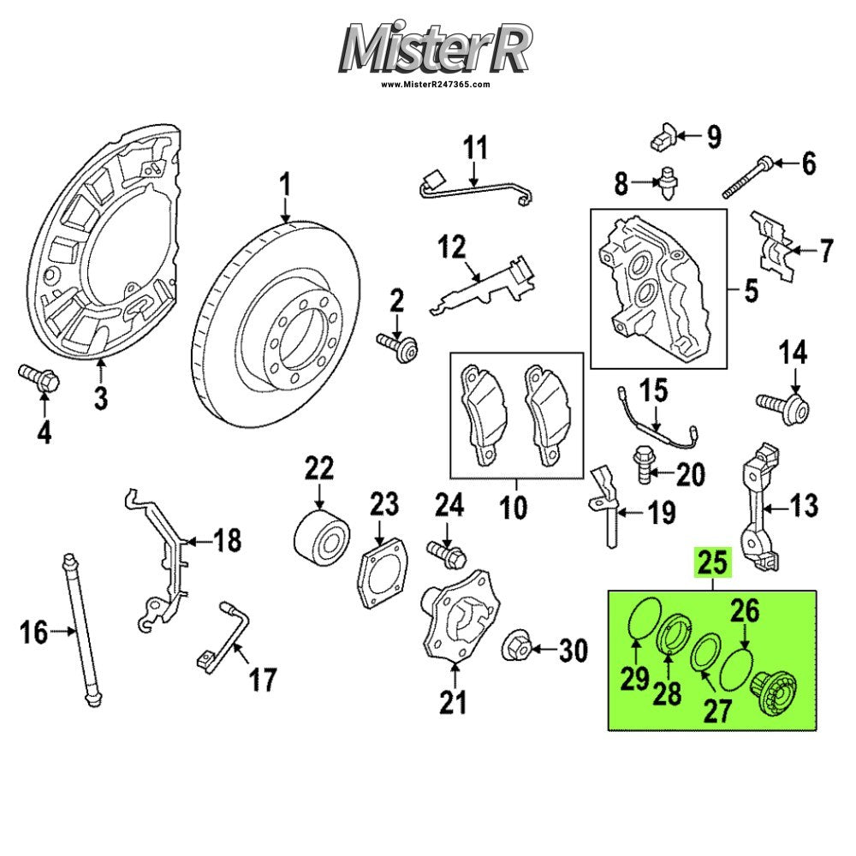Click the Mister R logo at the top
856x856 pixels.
point(435,48)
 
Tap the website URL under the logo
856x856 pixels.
point(435,84)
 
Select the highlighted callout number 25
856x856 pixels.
point(712,562)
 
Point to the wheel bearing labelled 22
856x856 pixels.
point(322,532)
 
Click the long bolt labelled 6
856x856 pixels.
point(746,177)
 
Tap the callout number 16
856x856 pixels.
point(34,633)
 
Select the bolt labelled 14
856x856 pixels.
point(783,407)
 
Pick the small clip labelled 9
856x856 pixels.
point(663,135)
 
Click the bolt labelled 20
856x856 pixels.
point(643,463)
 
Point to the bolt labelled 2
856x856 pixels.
point(397,346)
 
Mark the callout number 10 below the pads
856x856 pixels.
point(514,508)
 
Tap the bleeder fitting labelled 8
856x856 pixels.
point(667,182)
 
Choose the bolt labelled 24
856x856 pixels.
point(447,553)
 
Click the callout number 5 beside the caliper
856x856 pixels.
point(752,290)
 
